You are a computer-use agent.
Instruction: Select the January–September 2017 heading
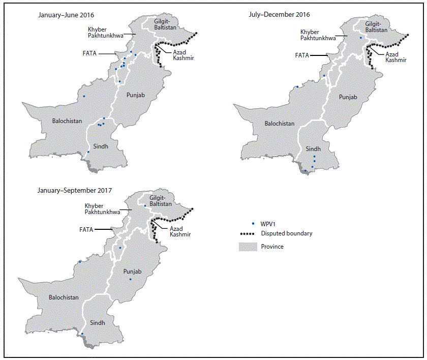pyautogui.click(x=75, y=190)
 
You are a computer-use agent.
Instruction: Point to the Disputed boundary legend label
pyautogui.click(x=287, y=233)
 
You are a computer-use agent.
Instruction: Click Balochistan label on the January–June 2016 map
pyautogui.click(x=68, y=121)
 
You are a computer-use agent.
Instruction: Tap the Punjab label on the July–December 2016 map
pyautogui.click(x=348, y=97)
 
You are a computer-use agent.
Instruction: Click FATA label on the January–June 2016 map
pyautogui.click(x=91, y=53)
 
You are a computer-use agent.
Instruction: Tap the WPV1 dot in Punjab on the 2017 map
pyautogui.click(x=130, y=279)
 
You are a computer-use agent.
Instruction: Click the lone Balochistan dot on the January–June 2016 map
pyautogui.click(x=84, y=96)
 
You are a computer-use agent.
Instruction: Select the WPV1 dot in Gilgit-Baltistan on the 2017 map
pyautogui.click(x=145, y=206)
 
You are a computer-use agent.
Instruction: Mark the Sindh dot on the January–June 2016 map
pyautogui.click(x=88, y=152)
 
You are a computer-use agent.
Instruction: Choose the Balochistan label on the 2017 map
pyautogui.click(x=64, y=297)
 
